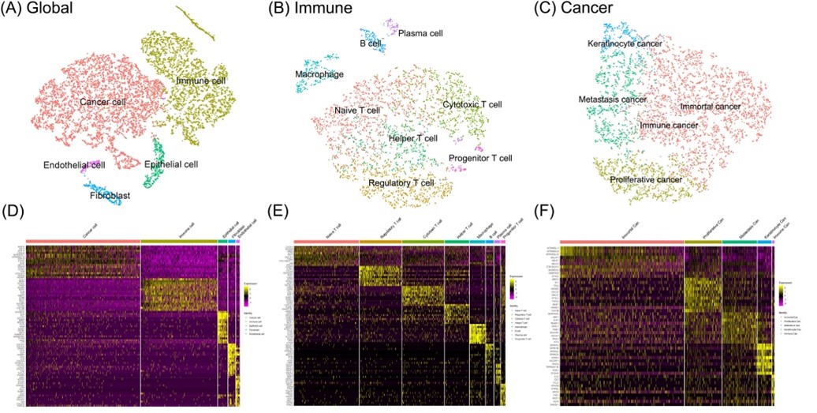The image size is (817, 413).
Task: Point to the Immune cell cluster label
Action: pos(201,81)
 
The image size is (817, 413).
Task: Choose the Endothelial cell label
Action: pos(74,165)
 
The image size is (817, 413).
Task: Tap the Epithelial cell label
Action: pos(171,164)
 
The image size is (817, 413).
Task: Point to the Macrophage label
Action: pos(320,74)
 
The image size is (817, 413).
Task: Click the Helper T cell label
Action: pos(413,139)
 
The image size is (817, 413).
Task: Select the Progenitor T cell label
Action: pos(480,158)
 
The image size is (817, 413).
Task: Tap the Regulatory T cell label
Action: pos(401,183)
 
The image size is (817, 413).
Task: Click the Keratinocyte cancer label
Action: pos(624,44)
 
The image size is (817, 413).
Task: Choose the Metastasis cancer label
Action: pos(612,99)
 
